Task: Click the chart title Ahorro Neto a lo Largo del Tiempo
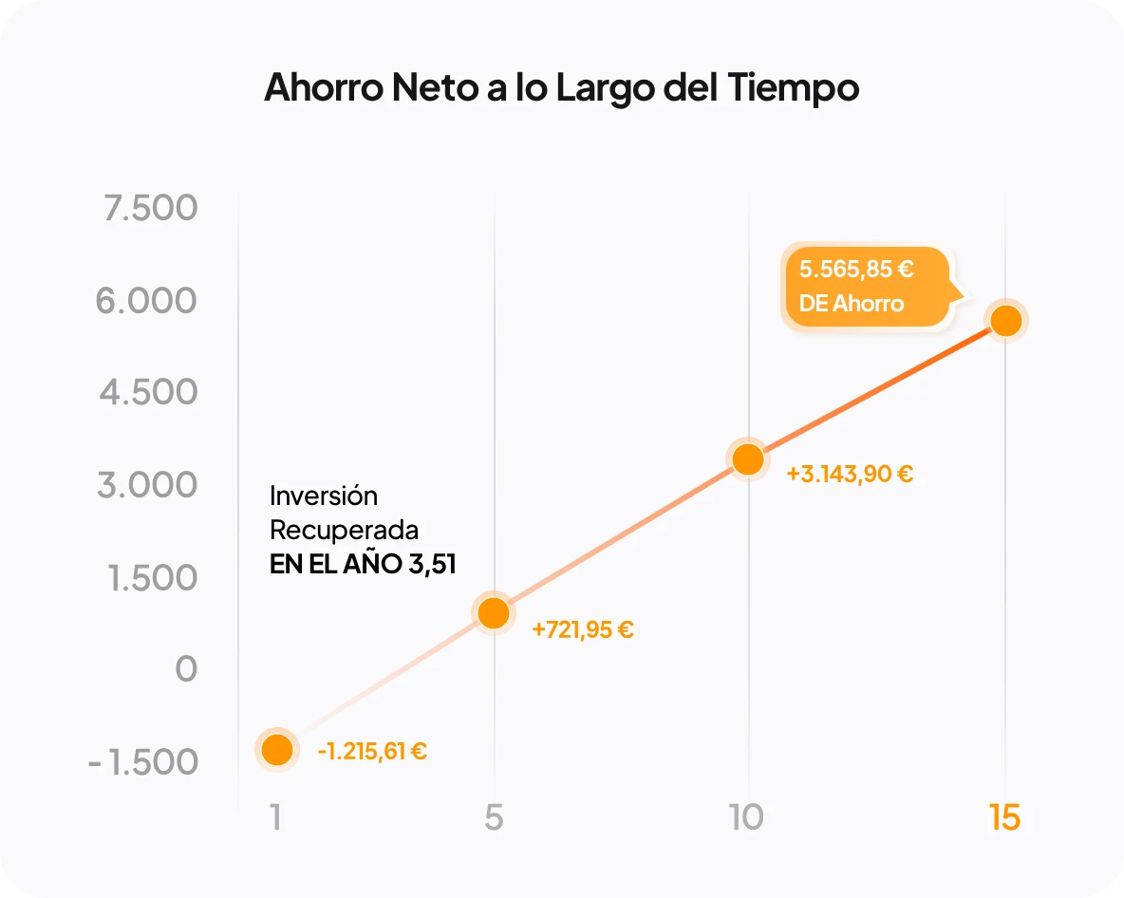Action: (x=561, y=87)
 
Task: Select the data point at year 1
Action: (x=276, y=750)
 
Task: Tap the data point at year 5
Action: (x=494, y=613)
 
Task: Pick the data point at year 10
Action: (x=748, y=459)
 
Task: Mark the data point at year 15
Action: (x=1005, y=322)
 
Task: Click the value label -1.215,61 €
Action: (x=372, y=752)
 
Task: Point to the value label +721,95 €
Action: (x=583, y=628)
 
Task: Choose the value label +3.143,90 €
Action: (x=850, y=474)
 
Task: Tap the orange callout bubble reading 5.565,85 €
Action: (x=866, y=286)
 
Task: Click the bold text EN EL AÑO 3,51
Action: (x=363, y=565)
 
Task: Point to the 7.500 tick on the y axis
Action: (x=151, y=208)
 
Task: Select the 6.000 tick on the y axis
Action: (x=146, y=301)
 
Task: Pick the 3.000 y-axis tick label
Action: (x=147, y=485)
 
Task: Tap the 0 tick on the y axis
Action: (x=186, y=669)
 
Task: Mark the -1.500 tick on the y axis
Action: (x=143, y=762)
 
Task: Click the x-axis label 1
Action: (x=275, y=817)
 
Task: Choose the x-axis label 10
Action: (x=747, y=817)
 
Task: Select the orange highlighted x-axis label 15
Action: (x=1004, y=817)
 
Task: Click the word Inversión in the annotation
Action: (x=324, y=496)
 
